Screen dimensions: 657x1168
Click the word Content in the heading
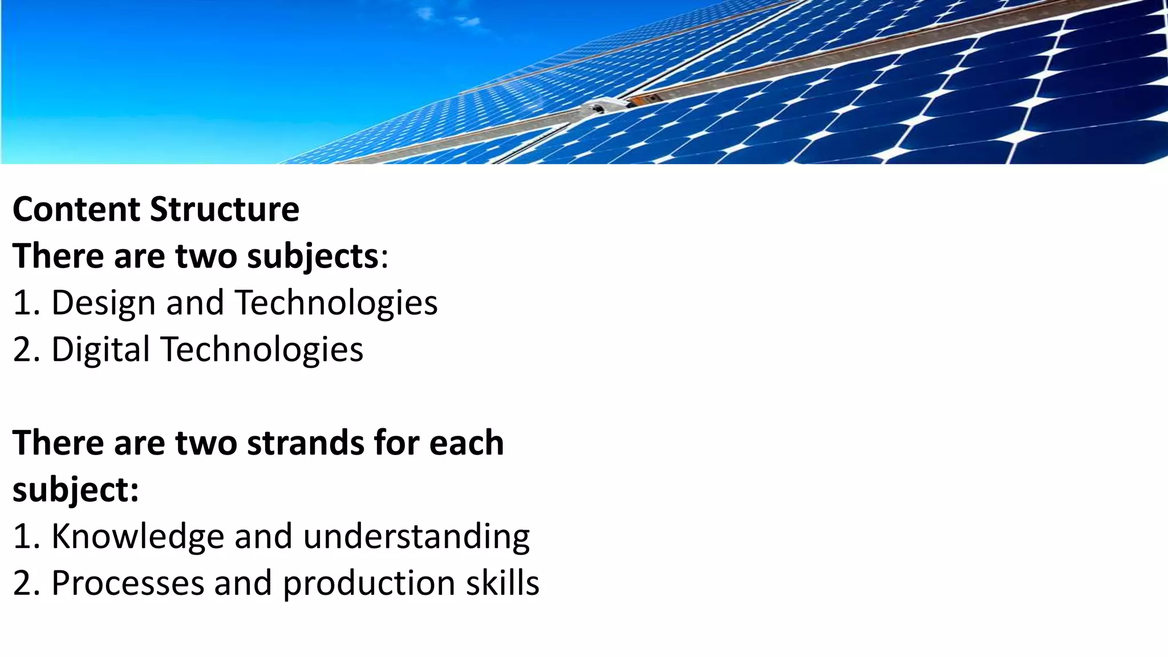[x=76, y=209]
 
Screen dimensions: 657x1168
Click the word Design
[x=103, y=303]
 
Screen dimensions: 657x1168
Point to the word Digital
[x=100, y=349]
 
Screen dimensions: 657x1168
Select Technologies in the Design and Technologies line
[x=336, y=303]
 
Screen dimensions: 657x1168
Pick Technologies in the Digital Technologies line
[x=262, y=349]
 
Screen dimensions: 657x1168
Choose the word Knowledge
[x=137, y=536]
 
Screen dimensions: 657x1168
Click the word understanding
[x=416, y=536]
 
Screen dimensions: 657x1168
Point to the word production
[x=369, y=583]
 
